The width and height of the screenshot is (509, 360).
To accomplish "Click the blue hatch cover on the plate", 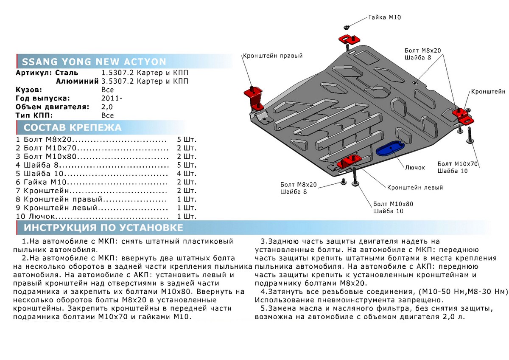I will [389, 149].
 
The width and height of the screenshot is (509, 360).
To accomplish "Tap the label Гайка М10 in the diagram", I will [384, 17].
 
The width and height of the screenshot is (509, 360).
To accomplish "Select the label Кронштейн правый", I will [272, 56].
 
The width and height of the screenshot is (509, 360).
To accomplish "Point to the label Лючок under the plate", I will [415, 167].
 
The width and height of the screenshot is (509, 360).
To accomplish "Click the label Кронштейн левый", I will [415, 187].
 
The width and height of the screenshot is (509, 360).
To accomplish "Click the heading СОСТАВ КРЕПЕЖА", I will [72, 127].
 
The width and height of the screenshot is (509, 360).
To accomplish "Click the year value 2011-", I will [110, 98].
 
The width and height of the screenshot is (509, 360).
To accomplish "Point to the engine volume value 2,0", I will [107, 107].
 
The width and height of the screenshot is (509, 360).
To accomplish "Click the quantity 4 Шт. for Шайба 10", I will [187, 174].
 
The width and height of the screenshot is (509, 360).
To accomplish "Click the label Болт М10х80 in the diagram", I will [393, 204].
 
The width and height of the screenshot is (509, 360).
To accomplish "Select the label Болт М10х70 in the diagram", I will [458, 163].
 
